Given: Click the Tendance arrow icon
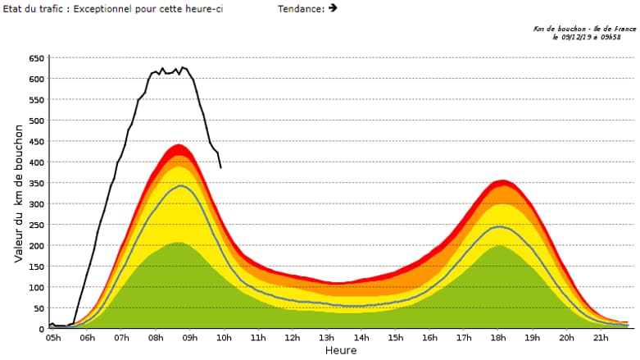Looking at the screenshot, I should click(333, 8).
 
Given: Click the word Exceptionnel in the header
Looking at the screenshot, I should click(102, 9).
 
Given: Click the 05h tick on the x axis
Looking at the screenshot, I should click(53, 338).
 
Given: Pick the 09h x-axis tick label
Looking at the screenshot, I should click(190, 338).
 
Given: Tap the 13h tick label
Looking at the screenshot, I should click(327, 338).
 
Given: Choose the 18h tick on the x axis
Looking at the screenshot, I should click(498, 338).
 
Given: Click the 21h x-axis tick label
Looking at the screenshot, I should click(601, 338).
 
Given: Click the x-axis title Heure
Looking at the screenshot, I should click(340, 350).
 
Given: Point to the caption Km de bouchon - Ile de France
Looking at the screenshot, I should click(583, 29).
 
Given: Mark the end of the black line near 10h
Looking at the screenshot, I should click(220, 167).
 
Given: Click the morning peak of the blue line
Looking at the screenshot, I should click(180, 186).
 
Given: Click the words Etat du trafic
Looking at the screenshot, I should click(29, 9).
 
